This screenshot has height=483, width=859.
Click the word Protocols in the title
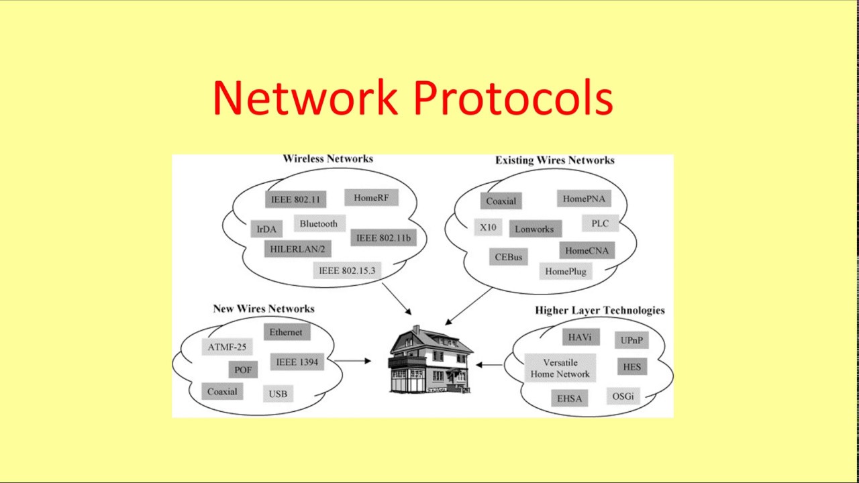pos(513,98)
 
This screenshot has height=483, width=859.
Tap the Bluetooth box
pos(319,224)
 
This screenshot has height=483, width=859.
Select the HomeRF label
pos(371,198)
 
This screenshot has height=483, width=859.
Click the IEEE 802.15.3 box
pos(347,271)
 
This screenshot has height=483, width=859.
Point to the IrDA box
pos(266,229)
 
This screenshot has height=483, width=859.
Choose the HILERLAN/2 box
pos(297,250)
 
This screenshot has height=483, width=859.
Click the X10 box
pos(488,227)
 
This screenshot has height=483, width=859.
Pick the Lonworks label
pos(534,229)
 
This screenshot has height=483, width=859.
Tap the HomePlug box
pos(566,272)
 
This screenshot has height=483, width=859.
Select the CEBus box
pos(508,257)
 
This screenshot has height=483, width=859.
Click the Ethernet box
pos(286,332)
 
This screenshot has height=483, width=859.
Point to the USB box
pos(278,394)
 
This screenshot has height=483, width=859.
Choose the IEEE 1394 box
pos(297,362)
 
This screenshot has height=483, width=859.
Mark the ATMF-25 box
pos(227,347)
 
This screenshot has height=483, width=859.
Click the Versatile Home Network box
pos(560,368)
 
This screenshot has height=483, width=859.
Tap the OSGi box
pos(623,396)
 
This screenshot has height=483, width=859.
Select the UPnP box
pos(631,340)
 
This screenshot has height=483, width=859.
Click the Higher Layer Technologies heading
pos(599,311)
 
